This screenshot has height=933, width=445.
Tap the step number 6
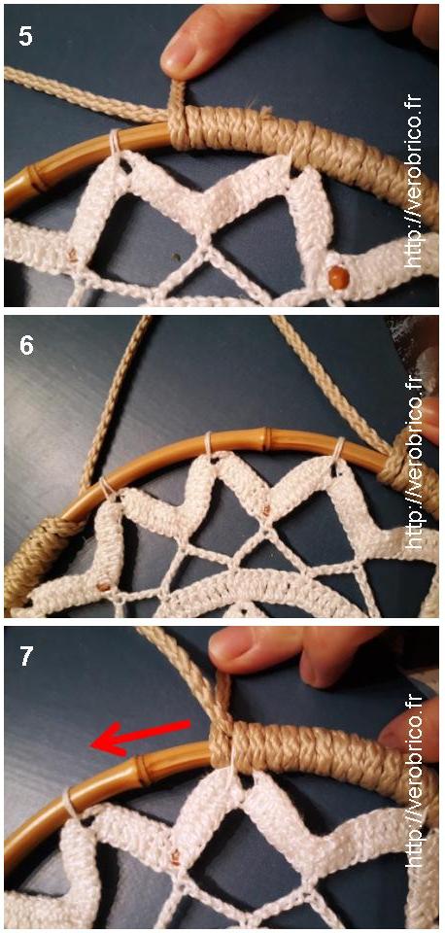[x=26, y=345]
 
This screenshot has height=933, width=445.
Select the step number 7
[x=26, y=656]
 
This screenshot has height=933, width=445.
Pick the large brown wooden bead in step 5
[x=338, y=278]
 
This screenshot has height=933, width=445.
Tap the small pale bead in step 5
[x=73, y=255]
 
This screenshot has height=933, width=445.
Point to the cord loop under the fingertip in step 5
[x=177, y=116]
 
